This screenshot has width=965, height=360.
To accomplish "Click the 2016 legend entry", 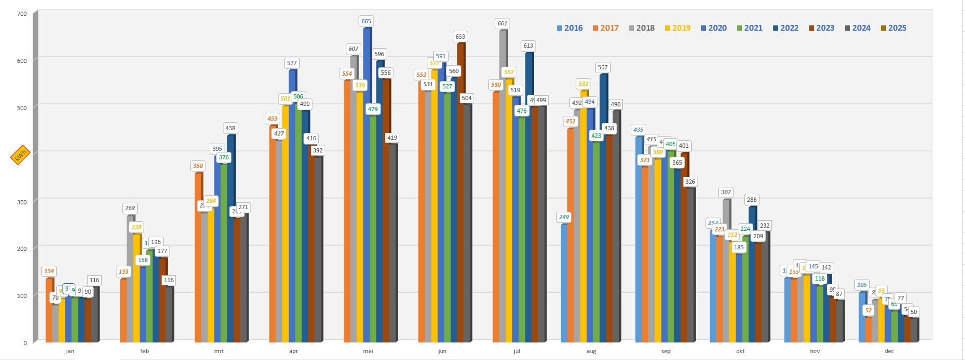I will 570,28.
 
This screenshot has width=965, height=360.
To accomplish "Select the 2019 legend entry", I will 678,28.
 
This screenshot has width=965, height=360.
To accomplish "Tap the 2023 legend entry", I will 821,28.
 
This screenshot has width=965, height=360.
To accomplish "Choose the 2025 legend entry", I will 893,28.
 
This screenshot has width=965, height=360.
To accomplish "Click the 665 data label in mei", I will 366,21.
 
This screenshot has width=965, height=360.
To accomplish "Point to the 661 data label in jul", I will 502,23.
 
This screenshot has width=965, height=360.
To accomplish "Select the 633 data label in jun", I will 460,37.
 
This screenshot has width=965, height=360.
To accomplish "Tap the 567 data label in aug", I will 603,67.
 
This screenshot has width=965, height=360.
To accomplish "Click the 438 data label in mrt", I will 230,128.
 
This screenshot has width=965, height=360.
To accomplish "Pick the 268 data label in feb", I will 130,208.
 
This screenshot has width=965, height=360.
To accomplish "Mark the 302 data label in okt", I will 726,192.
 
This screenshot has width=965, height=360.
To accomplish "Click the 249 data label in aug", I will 564,217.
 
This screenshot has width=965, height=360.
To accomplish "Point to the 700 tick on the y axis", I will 22,14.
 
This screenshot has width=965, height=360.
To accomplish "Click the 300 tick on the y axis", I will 22,202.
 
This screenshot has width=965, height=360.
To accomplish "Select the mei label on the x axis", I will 368,351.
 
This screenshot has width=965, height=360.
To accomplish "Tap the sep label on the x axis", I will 666,351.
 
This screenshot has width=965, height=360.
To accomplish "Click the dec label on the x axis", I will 889,351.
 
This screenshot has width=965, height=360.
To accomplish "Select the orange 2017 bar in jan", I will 49,310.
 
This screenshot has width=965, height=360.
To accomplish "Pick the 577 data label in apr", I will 292,63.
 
